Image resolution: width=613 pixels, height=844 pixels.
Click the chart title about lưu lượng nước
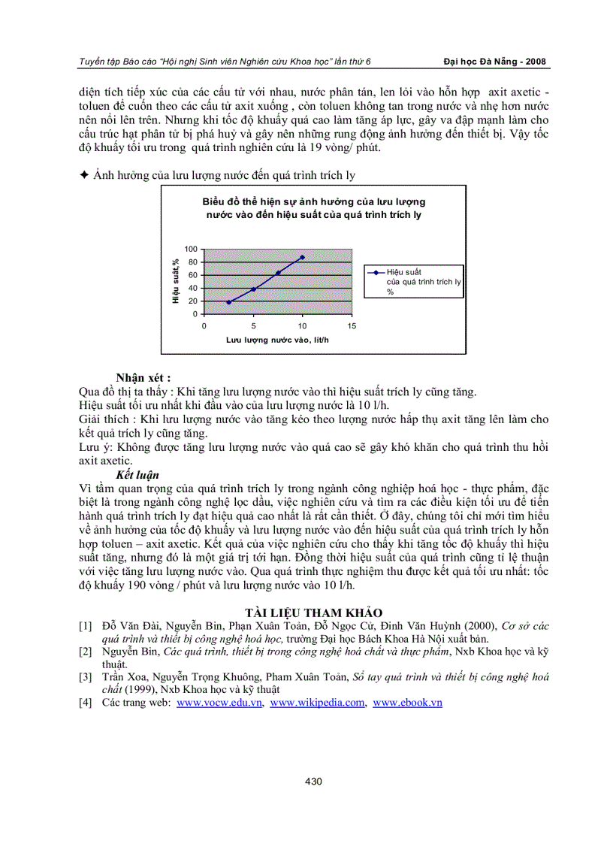(313, 208)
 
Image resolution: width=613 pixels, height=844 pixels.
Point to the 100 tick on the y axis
(191, 249)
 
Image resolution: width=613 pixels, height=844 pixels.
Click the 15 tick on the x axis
(352, 326)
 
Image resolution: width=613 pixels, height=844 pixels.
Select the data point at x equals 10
(303, 257)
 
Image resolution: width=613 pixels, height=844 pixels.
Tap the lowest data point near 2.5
(228, 302)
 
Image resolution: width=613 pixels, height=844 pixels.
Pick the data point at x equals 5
(253, 289)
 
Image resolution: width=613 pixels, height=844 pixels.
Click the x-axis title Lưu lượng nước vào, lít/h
(277, 340)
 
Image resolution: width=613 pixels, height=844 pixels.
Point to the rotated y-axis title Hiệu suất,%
(175, 282)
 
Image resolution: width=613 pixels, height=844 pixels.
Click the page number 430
(313, 782)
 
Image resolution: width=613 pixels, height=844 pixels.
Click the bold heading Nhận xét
(143, 377)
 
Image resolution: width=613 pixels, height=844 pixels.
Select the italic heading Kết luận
(137, 475)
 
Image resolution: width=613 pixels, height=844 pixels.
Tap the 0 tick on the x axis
(204, 326)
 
